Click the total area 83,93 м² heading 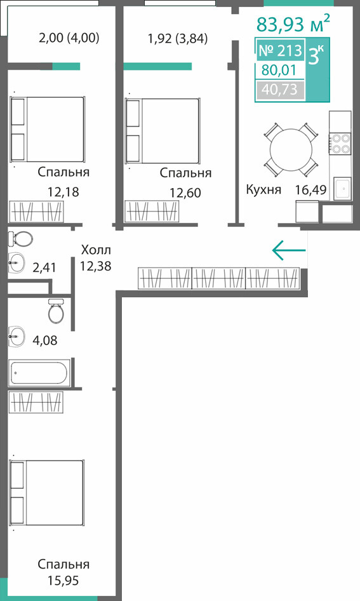[x=293, y=23]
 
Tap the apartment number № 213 [x=281, y=50]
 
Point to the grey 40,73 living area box [x=280, y=90]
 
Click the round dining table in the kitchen [x=291, y=149]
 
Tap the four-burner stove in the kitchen [x=340, y=143]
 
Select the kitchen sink [x=342, y=189]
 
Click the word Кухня [x=264, y=189]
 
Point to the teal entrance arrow [x=289, y=250]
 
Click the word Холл [x=96, y=250]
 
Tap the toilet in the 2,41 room [x=20, y=240]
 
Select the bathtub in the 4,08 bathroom [x=39, y=372]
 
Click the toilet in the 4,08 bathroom [x=57, y=309]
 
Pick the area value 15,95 [x=63, y=580]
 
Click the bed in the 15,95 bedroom [x=47, y=493]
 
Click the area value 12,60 [x=185, y=192]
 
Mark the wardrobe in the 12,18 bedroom [x=36, y=211]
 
